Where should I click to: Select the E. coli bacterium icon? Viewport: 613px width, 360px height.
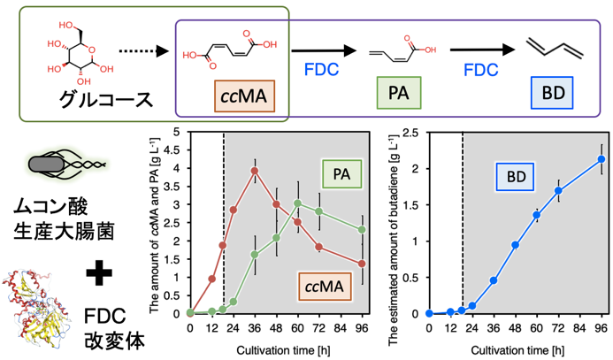click(x=67, y=164)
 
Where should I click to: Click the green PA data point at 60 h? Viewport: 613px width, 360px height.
click(x=297, y=203)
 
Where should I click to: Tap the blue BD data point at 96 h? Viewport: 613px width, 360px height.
click(x=602, y=159)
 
